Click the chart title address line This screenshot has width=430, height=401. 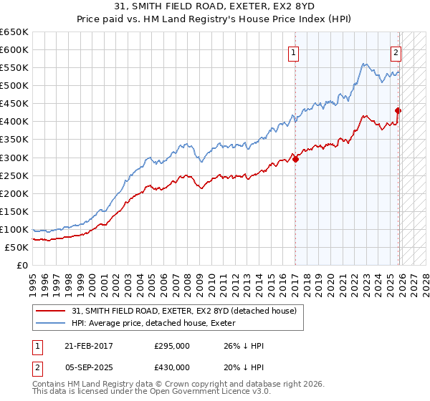[215, 6]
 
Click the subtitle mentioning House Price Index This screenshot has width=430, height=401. [215, 19]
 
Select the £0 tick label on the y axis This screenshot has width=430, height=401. [23, 265]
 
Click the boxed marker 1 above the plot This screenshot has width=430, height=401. [294, 52]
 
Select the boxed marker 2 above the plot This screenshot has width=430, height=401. [396, 52]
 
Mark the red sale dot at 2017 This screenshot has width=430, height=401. [295, 159]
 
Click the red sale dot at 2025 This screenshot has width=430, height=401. [398, 110]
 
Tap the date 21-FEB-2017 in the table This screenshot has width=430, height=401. [89, 346]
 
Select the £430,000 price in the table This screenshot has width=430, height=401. [172, 367]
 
